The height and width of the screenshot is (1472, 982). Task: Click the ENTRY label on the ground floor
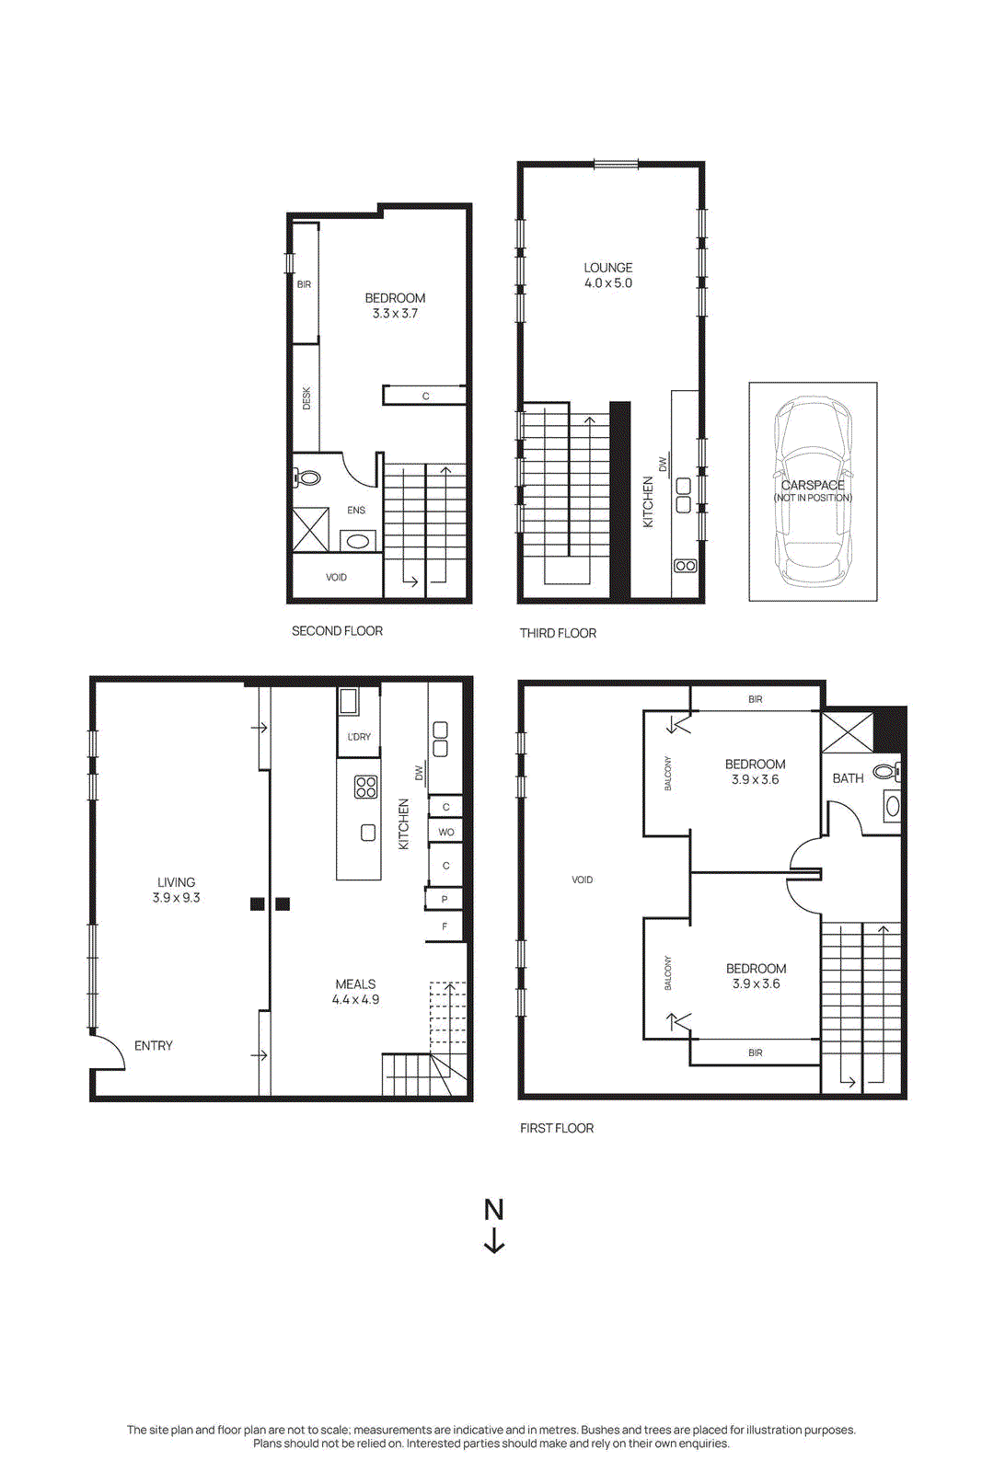(154, 1046)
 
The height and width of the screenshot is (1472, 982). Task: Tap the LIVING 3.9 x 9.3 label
(176, 890)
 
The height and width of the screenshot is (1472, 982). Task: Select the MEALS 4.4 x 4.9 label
(355, 992)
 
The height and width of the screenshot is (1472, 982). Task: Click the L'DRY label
(359, 737)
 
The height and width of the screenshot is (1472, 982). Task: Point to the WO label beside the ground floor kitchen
(445, 833)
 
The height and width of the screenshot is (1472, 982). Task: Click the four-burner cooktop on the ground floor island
(365, 787)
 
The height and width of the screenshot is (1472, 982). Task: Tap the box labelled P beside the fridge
(445, 900)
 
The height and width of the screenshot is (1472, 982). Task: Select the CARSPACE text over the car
(813, 485)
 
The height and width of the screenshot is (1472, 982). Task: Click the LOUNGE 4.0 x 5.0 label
(608, 275)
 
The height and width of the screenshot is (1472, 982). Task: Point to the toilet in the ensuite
(307, 478)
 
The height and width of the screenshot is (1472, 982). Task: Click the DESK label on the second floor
(306, 398)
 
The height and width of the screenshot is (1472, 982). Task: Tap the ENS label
(356, 511)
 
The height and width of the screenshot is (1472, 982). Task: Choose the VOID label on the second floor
(336, 578)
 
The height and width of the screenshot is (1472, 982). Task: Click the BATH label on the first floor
(848, 778)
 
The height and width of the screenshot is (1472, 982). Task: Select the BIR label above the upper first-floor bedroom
(755, 700)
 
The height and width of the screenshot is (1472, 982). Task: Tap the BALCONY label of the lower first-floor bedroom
(668, 973)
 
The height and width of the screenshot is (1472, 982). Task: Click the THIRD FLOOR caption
(558, 633)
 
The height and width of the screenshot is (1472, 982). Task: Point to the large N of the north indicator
(494, 1210)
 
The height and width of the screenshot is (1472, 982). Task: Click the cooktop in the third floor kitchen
(685, 566)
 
